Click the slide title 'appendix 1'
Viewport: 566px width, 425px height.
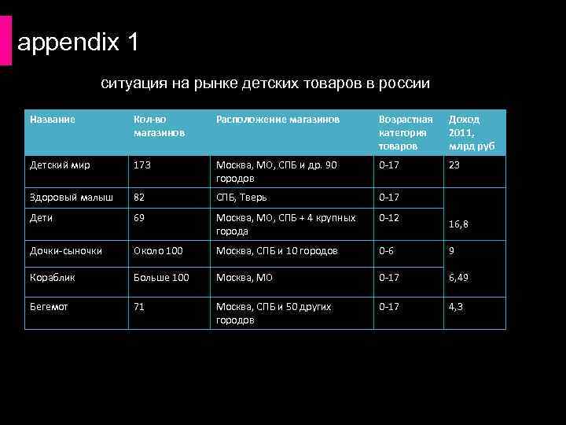click(x=78, y=42)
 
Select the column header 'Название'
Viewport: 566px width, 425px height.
click(x=53, y=119)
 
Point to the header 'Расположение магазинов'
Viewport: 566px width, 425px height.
click(x=277, y=119)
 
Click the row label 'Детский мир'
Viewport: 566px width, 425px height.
click(x=60, y=165)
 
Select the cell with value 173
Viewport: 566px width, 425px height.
click(x=142, y=165)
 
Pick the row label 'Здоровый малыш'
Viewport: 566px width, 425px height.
click(x=72, y=197)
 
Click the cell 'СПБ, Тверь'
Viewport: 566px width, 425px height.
click(x=243, y=197)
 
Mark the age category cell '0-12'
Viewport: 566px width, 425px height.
click(x=388, y=217)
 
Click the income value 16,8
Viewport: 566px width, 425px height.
click(x=459, y=224)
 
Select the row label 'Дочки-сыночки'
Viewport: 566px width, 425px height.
click(x=66, y=250)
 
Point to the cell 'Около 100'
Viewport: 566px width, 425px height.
click(x=158, y=250)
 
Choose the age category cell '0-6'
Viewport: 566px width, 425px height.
click(x=386, y=250)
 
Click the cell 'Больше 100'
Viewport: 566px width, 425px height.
click(x=161, y=277)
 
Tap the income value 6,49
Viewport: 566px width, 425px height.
click(x=459, y=277)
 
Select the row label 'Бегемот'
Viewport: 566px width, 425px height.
click(x=49, y=306)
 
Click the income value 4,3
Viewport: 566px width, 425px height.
click(x=456, y=306)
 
